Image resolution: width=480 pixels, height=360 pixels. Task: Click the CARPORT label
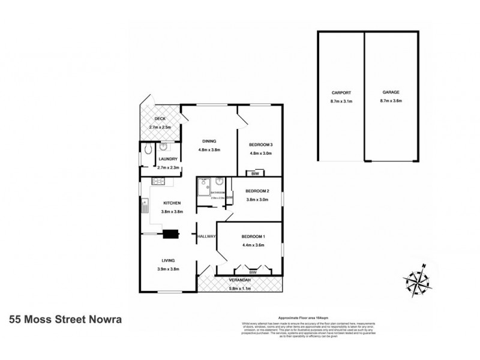tap(340, 93)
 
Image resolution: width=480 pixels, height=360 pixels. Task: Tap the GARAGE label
tap(391, 93)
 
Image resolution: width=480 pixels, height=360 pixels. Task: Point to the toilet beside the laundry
tap(148, 149)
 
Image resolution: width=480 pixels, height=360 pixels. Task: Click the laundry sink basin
tap(164, 148)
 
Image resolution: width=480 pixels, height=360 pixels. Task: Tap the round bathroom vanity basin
tap(220, 182)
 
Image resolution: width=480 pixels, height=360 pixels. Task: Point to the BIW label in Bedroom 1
tap(253, 272)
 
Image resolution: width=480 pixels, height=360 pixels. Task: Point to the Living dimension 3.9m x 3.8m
tap(167, 269)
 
